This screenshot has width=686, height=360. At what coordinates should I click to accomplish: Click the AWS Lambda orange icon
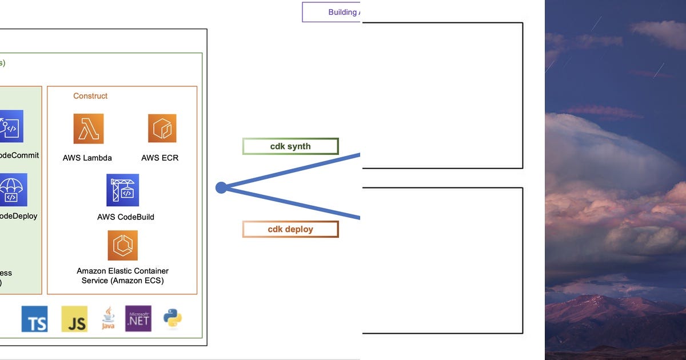point(89,129)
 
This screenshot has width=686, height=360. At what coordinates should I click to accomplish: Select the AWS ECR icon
point(162,128)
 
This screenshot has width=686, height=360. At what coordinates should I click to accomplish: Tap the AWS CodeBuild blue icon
point(122,190)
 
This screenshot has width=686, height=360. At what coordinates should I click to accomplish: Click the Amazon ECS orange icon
point(122,245)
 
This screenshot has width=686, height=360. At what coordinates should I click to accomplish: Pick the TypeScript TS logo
point(34,319)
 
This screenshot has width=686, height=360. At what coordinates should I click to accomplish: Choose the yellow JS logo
point(74,319)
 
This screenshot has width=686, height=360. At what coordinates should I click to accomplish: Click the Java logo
point(108,318)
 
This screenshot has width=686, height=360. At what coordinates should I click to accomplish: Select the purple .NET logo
point(138,318)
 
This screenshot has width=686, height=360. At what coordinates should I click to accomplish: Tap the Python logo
point(173,318)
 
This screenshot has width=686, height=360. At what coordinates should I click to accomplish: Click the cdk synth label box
point(290,146)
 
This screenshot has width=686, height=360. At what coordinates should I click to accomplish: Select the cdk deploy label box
point(290,229)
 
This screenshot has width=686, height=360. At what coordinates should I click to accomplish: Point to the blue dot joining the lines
point(221,187)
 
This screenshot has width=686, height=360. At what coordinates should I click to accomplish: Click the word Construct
point(90,96)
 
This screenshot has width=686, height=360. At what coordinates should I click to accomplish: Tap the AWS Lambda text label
point(87,158)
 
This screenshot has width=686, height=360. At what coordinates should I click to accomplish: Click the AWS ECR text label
point(160,158)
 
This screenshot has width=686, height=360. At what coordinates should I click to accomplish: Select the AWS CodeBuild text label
point(126,217)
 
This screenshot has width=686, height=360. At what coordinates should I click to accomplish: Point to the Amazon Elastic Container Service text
point(122,275)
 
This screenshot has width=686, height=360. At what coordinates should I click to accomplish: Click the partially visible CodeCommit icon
point(11,126)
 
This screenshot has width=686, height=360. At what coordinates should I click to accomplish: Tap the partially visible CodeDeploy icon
point(13,190)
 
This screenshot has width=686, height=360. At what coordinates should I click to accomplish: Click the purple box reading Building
point(332,12)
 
